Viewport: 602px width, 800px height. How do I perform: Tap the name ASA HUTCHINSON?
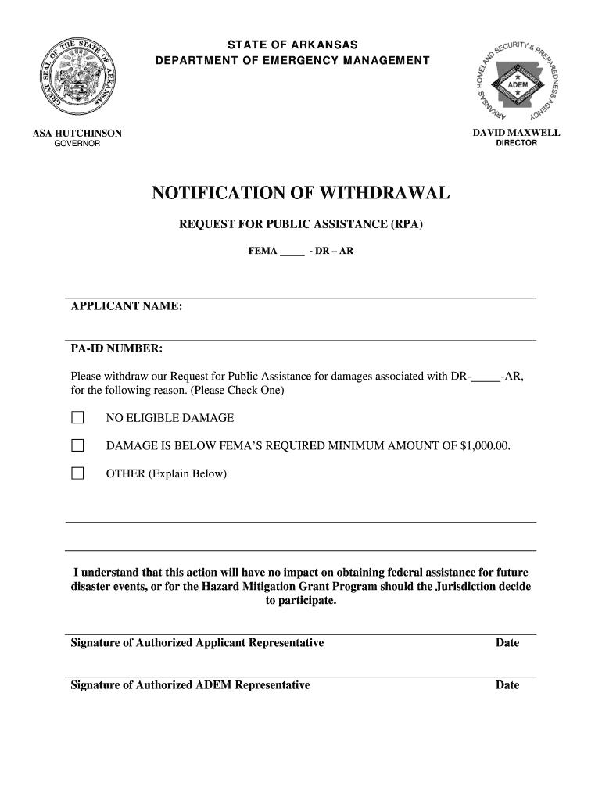click(77, 134)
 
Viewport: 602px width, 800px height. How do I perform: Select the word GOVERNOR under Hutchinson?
click(77, 144)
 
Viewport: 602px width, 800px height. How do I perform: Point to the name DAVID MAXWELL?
click(516, 133)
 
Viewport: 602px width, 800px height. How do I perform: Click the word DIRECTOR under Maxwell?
click(516, 143)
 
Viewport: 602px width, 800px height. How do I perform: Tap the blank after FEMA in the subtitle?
click(292, 252)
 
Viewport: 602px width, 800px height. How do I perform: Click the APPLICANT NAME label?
click(127, 307)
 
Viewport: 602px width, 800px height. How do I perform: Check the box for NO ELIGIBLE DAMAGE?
click(77, 418)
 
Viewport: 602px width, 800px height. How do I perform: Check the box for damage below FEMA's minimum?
click(77, 446)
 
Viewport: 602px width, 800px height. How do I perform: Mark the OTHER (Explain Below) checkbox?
click(77, 473)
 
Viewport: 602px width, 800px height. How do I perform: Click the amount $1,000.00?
click(485, 446)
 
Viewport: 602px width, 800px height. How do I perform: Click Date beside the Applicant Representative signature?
click(507, 643)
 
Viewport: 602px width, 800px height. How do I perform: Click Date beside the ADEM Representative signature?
click(507, 685)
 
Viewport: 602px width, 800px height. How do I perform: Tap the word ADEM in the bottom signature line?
click(213, 685)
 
